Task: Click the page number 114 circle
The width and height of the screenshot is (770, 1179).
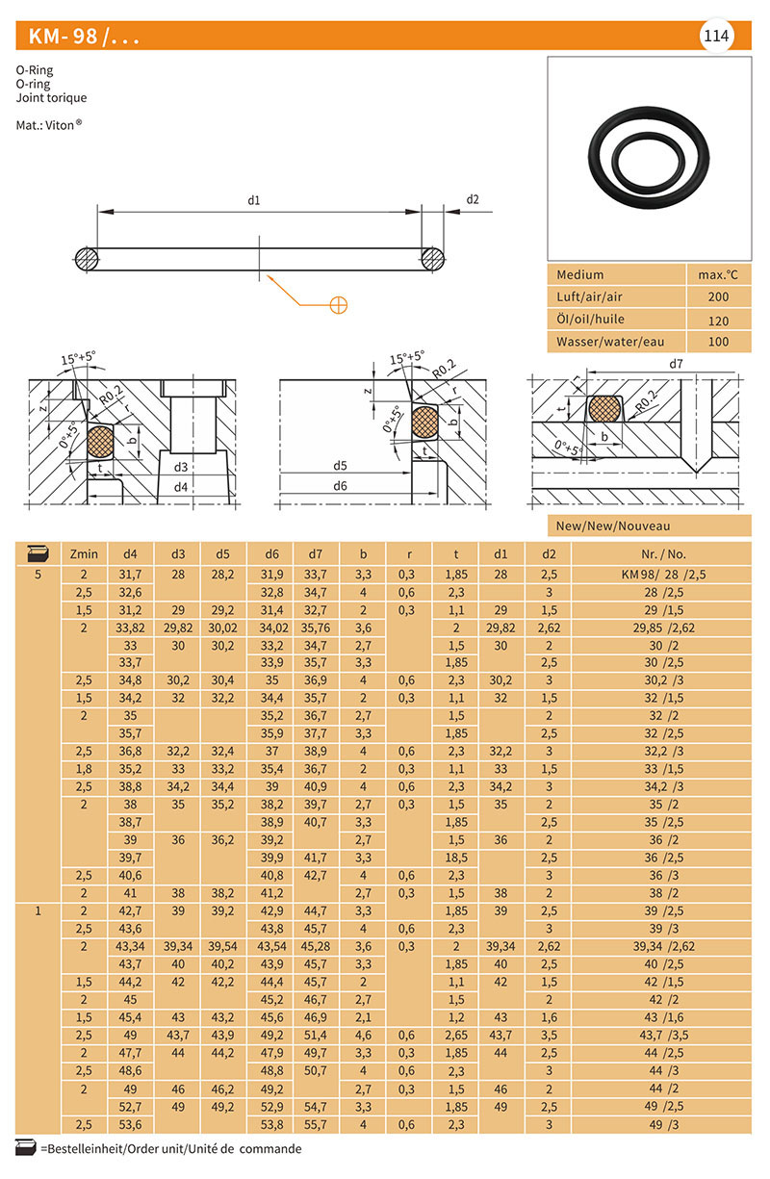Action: coord(716,37)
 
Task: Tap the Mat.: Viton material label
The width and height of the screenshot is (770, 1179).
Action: coord(49,125)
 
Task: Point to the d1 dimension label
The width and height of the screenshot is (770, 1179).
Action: coord(254,200)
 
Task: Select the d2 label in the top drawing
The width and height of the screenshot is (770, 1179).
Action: coord(473,199)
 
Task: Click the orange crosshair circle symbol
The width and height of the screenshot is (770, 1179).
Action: coord(338,305)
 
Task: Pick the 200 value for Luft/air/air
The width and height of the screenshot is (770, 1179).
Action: coord(717,297)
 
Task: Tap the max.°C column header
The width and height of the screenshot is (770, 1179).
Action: coord(717,274)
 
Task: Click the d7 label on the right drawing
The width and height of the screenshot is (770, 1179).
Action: coord(676,364)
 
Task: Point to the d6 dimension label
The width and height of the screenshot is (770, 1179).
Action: coord(340,486)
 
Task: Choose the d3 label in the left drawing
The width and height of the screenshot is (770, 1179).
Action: coord(180,467)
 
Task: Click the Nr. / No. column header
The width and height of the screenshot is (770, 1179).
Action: coord(662,554)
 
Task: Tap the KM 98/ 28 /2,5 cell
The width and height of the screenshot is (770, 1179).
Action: coord(662,575)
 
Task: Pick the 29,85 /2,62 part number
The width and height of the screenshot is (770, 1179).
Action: coord(662,628)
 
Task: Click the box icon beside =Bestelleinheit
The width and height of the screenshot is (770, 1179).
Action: coord(26,1147)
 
